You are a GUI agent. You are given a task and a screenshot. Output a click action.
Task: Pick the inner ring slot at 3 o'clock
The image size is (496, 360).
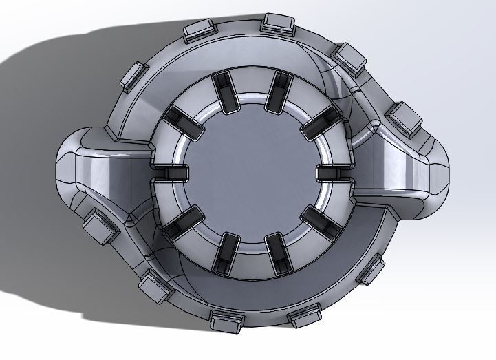coord(334,172)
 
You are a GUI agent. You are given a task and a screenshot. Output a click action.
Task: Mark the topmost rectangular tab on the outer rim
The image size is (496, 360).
coord(278,22)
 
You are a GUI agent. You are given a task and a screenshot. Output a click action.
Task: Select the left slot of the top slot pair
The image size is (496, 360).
coord(224,90)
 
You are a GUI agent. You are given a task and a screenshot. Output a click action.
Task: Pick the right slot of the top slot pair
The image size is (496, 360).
coord(277,90)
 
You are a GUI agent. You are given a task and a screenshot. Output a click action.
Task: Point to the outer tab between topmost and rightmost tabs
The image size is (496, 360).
coord(351,58)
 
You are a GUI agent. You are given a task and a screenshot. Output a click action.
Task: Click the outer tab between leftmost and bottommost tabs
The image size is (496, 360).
coord(155,286)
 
